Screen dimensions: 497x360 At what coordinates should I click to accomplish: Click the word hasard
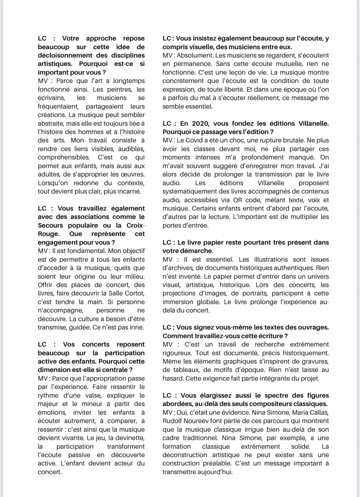(172, 378)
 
